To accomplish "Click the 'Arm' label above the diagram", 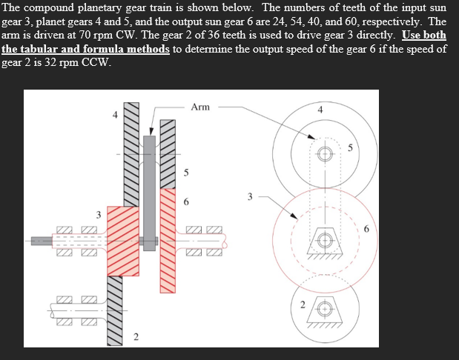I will pos(200,107).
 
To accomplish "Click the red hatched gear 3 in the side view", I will pos(123,241).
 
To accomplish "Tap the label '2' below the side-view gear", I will pos(135,338).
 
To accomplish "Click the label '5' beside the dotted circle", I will pos(358,153).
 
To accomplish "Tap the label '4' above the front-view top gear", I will pos(320,110).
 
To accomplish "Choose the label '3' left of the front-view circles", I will pos(250,197).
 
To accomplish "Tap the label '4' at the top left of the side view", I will pos(114,115).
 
